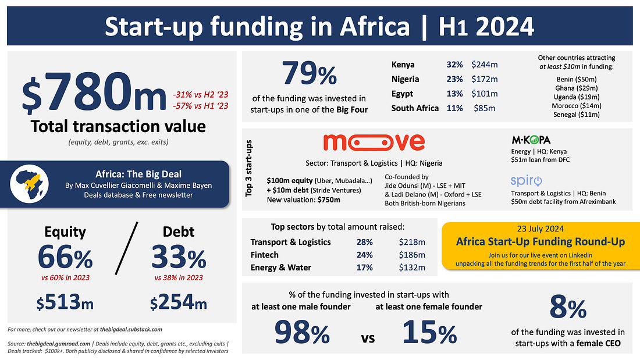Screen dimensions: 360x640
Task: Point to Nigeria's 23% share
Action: click(454, 79)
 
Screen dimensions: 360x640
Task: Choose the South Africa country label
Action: click(415, 108)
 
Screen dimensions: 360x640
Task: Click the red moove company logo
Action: click(374, 141)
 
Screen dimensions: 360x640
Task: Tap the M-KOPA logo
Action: click(531, 140)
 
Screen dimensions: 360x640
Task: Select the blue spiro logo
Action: click(527, 180)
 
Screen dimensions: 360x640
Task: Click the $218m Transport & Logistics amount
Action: click(412, 242)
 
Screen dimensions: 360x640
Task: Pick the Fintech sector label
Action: click(265, 255)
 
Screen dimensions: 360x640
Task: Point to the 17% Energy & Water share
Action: click(364, 268)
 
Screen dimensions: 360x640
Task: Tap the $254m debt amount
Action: click(178, 303)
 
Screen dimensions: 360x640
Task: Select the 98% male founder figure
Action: click(295, 333)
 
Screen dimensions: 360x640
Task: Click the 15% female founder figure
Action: click(429, 333)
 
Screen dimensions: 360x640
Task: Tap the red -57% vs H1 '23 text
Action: click(200, 105)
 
